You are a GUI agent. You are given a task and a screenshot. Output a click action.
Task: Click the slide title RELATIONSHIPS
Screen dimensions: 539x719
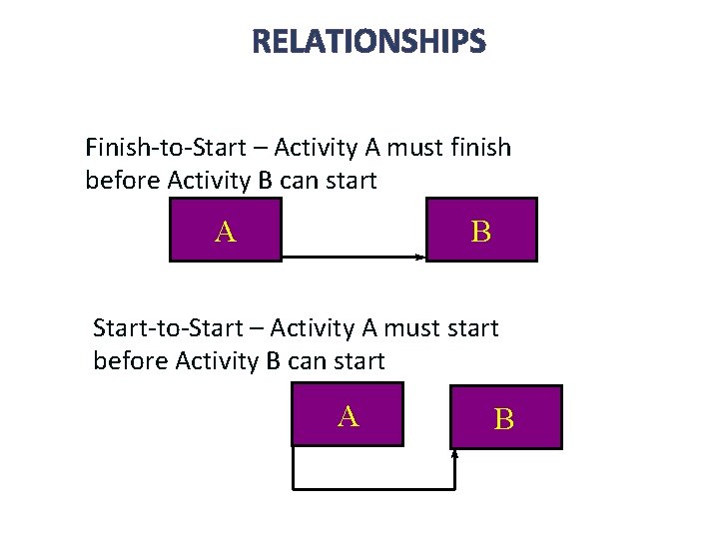368,42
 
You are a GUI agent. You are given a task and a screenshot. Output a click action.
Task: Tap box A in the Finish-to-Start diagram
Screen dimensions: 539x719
226,230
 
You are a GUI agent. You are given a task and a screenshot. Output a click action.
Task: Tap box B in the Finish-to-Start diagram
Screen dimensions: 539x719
481,230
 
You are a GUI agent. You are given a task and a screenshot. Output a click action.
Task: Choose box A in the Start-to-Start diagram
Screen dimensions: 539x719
347,414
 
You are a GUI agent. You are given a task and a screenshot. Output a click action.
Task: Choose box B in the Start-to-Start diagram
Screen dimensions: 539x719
505,417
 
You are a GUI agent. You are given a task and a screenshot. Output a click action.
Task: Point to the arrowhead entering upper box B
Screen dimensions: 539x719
421,258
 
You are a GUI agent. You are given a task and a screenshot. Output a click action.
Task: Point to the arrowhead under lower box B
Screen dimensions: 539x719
455,455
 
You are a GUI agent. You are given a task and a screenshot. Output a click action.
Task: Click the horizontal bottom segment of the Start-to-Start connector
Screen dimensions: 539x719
373,488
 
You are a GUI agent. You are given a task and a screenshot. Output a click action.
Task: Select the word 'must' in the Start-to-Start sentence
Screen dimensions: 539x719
404,328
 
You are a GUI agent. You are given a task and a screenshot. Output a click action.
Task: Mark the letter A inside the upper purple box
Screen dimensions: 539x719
226,232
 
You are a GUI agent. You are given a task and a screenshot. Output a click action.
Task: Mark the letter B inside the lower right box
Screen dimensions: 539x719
505,419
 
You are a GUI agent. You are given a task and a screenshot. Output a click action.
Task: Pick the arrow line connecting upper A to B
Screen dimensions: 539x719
350,258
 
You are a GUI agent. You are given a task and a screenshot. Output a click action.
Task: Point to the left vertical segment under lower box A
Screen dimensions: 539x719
293,467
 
